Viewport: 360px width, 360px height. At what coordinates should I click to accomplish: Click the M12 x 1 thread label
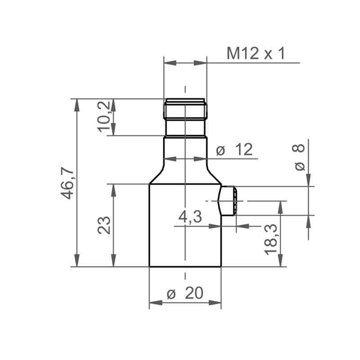[x=256, y=53]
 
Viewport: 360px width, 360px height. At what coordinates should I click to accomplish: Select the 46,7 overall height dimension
[x=67, y=183]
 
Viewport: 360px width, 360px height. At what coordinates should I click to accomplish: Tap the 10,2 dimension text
[x=104, y=117]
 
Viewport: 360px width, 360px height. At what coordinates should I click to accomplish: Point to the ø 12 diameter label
[x=234, y=149]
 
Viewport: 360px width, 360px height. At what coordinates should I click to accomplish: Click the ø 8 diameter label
[x=299, y=157]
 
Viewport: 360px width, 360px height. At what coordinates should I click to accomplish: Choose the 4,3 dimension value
[x=190, y=217]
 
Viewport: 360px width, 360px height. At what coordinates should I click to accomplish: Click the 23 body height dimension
[x=104, y=225]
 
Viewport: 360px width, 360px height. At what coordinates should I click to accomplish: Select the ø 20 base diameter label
[x=185, y=293]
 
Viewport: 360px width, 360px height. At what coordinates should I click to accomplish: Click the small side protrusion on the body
[x=228, y=201]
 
